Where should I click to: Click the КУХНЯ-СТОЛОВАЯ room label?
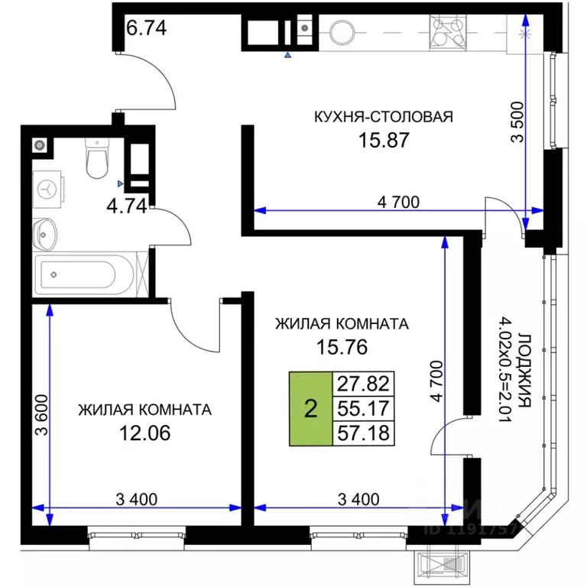pos(384,117)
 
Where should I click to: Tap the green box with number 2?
pos(310,409)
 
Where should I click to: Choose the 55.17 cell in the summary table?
pos(362,409)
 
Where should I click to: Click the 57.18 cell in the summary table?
pos(362,433)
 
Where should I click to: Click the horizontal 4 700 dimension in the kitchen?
pos(398,203)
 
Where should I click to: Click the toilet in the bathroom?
pos(96,157)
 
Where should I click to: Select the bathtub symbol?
pos(84,273)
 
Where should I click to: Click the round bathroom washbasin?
pos(46,231)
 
